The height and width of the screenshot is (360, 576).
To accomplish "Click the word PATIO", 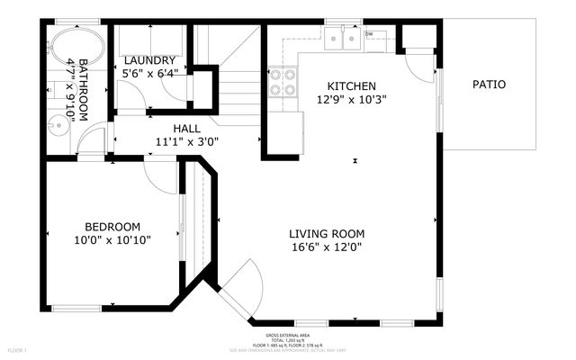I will pyautogui.click(x=489, y=85).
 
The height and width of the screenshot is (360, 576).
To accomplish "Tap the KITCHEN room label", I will pyautogui.click(x=345, y=86).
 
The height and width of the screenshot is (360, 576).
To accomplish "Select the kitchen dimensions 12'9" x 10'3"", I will pyautogui.click(x=345, y=99).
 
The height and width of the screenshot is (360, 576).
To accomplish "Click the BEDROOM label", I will pyautogui.click(x=112, y=227).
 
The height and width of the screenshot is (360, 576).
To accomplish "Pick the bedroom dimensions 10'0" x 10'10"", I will pyautogui.click(x=112, y=240).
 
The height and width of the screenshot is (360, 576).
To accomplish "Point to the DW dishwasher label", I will pyautogui.click(x=369, y=35).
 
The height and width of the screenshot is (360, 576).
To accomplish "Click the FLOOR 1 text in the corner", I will pyautogui.click(x=17, y=349).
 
